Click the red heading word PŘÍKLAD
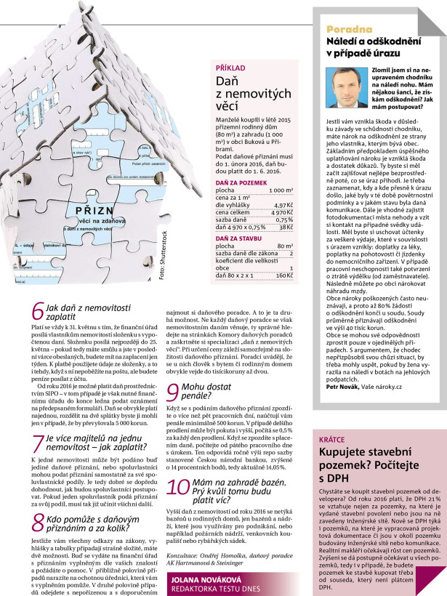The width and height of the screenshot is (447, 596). pyautogui.click(x=230, y=67)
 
